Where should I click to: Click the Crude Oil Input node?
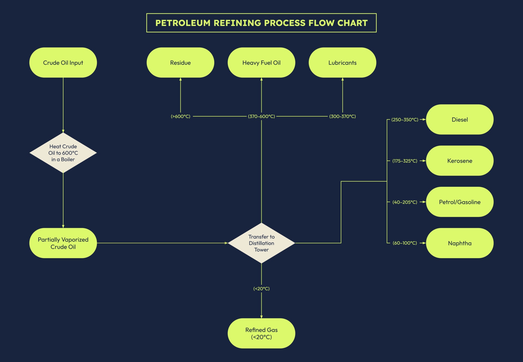(x=63, y=63)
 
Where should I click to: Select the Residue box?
(x=180, y=63)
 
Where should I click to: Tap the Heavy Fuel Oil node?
(x=261, y=63)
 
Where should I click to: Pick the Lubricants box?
(x=342, y=63)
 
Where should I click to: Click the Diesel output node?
(x=460, y=120)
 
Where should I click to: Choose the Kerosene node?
(x=460, y=161)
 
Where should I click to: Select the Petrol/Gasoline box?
(x=460, y=202)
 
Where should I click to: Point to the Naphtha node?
(x=460, y=243)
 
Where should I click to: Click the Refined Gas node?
(x=261, y=333)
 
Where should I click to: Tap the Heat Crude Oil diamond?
(x=63, y=153)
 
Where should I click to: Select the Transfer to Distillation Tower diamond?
(x=261, y=243)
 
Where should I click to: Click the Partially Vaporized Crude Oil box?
(x=63, y=243)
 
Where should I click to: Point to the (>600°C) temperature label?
(x=180, y=116)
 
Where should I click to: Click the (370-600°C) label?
(x=261, y=116)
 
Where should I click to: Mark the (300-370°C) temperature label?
(x=342, y=116)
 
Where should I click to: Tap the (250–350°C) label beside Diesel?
(x=405, y=120)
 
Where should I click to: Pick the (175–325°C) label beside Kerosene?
(x=405, y=161)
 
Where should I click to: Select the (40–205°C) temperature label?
(x=405, y=202)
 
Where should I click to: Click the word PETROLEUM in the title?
(x=183, y=23)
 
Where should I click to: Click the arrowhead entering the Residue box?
(x=180, y=79)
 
